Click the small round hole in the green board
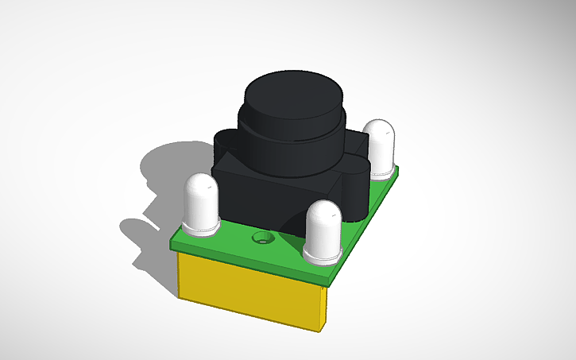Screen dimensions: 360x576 tap(261, 238)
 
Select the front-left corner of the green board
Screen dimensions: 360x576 tap(173, 242)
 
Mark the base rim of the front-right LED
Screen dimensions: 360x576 tap(323, 256)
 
